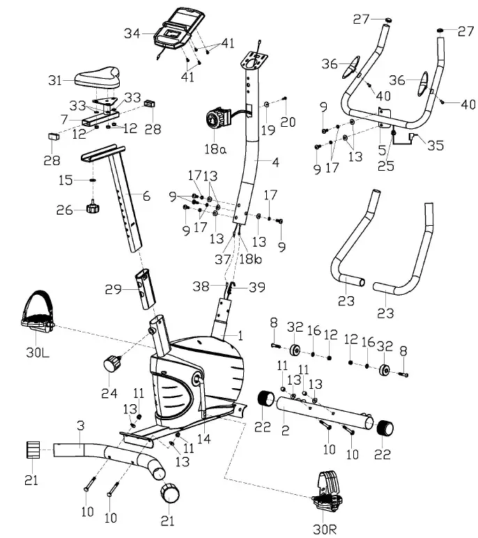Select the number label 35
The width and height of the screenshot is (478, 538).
(x=435, y=146)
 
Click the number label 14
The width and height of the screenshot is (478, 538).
(x=203, y=438)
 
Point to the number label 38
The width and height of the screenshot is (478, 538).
(x=200, y=286)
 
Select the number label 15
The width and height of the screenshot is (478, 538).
(x=65, y=180)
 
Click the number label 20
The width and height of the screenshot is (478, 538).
(x=288, y=122)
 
